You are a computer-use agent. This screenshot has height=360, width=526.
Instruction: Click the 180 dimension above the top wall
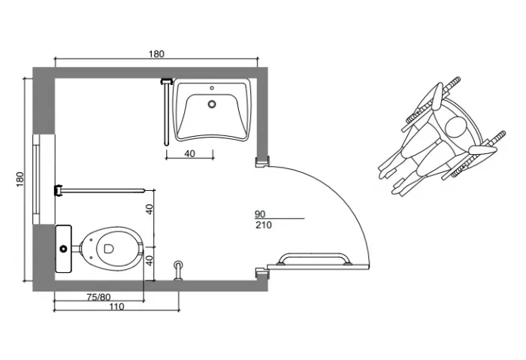[156, 53]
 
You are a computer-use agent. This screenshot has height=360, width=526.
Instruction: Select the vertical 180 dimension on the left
[20, 179]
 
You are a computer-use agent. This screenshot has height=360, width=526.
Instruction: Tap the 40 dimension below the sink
[189, 153]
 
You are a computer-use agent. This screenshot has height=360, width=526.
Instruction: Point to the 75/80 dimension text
[98, 297]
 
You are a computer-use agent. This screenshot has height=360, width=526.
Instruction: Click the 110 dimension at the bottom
[116, 307]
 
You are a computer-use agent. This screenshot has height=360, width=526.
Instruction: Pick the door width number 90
[260, 214]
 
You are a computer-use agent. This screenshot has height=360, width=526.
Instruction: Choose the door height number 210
[264, 225]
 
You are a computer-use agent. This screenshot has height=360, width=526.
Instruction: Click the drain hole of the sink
[212, 104]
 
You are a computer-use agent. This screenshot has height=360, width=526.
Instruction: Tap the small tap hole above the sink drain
[212, 88]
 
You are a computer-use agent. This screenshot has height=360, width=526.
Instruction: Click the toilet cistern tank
[63, 249]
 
